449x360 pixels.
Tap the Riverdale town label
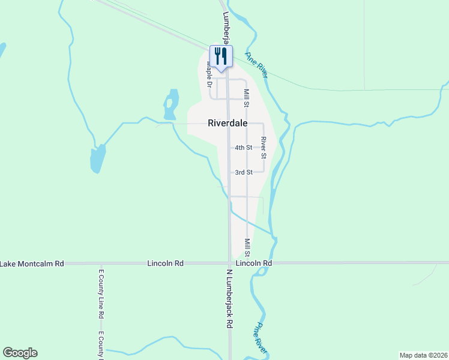228,123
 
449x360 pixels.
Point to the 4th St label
243,148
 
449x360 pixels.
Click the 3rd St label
243,172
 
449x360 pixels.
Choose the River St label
264,148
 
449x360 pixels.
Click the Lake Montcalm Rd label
32,263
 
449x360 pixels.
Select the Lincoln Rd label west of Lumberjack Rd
165,263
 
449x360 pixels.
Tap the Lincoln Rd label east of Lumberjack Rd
254,263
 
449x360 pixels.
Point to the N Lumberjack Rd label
229,298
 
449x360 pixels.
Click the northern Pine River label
256,64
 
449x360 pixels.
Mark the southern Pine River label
259,337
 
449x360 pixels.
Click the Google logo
20,353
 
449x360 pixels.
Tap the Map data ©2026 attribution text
423,355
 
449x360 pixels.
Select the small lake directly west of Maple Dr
171,104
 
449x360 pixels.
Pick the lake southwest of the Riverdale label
97,159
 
